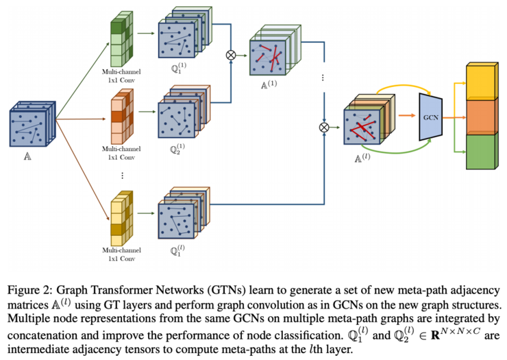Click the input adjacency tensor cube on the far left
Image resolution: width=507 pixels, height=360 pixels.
tap(30, 124)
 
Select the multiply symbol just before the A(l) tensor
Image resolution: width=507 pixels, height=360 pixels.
tap(323, 128)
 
